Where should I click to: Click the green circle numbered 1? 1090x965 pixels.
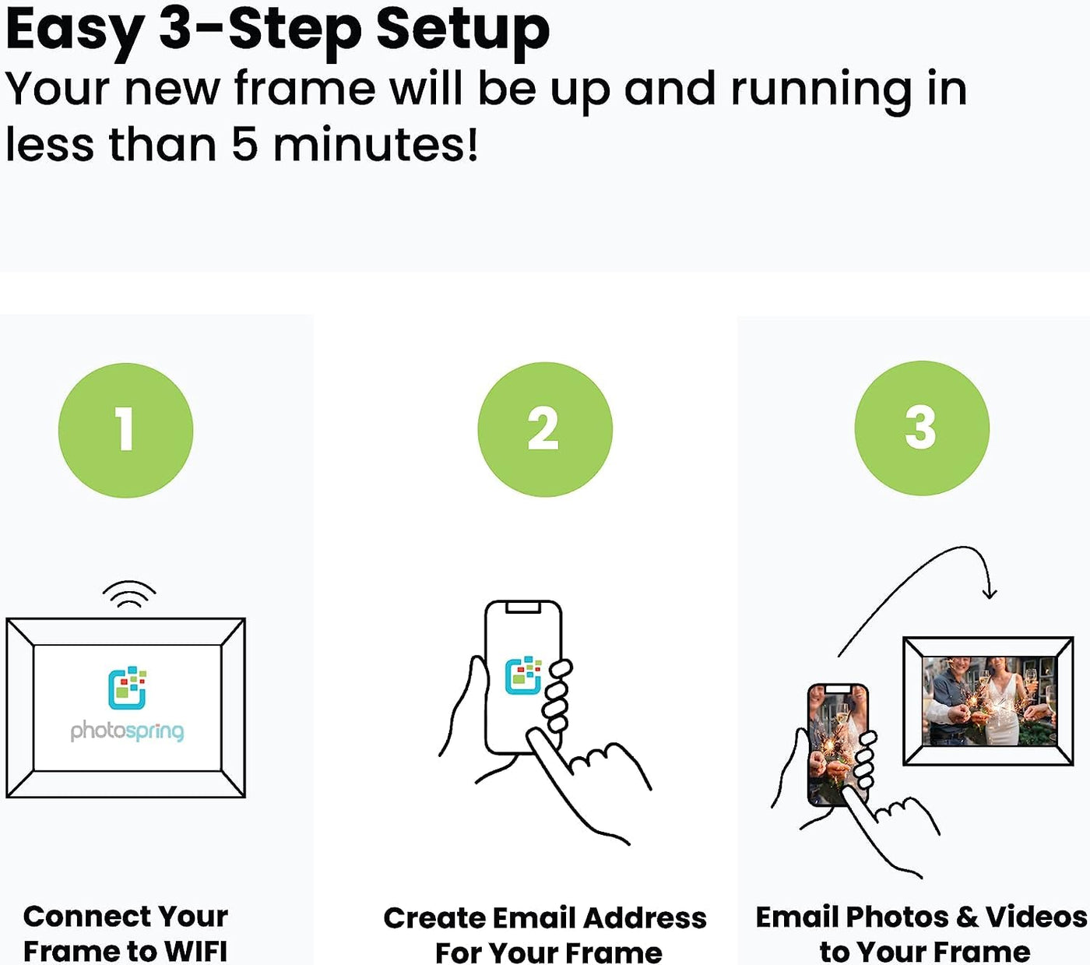tap(125, 430)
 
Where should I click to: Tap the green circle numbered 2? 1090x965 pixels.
tap(544, 429)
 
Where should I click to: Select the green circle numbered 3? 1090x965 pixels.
tap(921, 428)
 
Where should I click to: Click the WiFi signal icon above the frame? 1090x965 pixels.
tap(129, 594)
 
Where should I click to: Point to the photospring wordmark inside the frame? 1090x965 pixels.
tap(127, 731)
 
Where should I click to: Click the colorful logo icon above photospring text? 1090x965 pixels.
tap(127, 688)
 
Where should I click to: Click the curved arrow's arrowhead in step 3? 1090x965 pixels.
tap(989, 593)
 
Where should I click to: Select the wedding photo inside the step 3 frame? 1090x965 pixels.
tap(988, 700)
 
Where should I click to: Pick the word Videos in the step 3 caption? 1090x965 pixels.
tap(1036, 917)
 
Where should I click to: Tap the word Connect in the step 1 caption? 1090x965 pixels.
tap(76, 916)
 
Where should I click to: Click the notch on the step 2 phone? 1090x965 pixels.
tap(523, 608)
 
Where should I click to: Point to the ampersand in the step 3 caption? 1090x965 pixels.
tap(967, 917)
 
